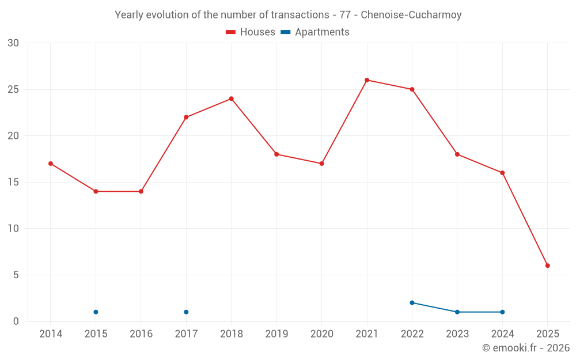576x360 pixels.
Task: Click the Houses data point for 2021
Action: click(x=367, y=80)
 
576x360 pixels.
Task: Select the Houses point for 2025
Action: click(x=548, y=266)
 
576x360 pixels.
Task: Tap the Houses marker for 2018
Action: click(x=232, y=98)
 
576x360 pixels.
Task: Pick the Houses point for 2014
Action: click(x=51, y=164)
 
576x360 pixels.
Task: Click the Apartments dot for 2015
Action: click(x=96, y=312)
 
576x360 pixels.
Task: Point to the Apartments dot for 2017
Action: click(x=186, y=312)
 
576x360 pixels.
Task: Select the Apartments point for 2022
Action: click(x=412, y=303)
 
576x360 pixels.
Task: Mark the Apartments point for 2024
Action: click(x=502, y=312)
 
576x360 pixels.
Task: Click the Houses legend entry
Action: click(x=251, y=32)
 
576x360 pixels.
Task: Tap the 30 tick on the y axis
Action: click(x=13, y=43)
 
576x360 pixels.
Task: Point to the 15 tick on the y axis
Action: click(x=13, y=183)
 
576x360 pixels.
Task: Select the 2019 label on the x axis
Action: click(x=276, y=334)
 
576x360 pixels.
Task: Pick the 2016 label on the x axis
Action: click(x=141, y=334)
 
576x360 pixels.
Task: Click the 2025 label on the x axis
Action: click(x=548, y=334)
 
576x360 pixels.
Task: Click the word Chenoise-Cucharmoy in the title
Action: click(x=411, y=15)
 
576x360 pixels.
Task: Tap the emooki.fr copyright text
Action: click(x=526, y=348)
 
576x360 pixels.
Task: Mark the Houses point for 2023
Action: click(x=457, y=154)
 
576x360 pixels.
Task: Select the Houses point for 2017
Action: click(x=186, y=118)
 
